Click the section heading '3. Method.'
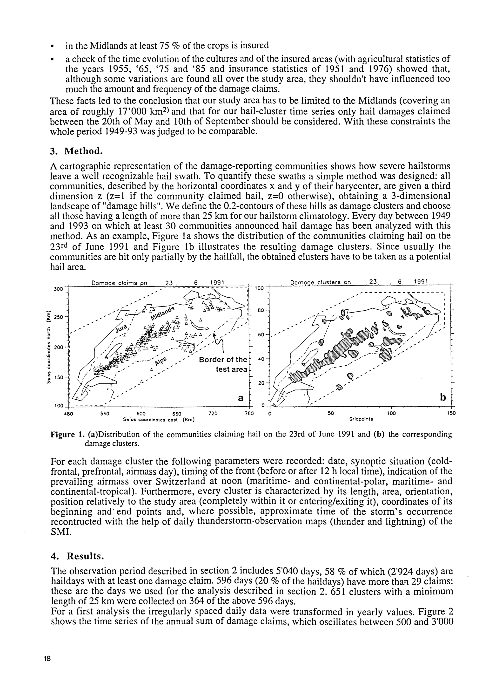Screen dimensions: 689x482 point(76,151)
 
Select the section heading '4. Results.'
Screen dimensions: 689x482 point(77,556)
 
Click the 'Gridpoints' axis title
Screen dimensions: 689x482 point(361,419)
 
